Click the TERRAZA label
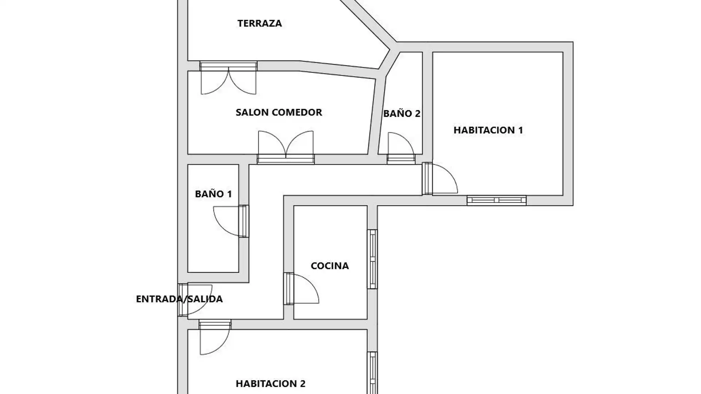260,23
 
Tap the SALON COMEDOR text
279,112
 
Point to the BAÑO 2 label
402,113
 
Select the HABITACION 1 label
488,130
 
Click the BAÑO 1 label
213,194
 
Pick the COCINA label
330,266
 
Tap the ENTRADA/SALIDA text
179,299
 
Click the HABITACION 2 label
271,384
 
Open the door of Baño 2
401,148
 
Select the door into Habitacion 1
440,178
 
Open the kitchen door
301,289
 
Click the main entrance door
195,300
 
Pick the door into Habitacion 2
215,337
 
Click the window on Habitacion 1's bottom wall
497,200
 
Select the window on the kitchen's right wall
372,259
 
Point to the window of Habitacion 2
372,373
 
